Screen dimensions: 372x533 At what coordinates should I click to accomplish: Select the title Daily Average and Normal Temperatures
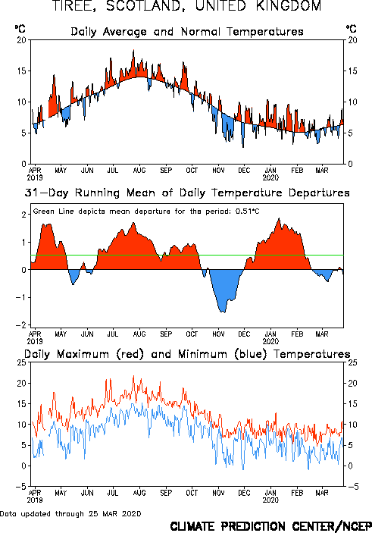(x=187, y=32)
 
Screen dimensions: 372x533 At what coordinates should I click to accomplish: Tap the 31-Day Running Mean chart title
(x=187, y=193)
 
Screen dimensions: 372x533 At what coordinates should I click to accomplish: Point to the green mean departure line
(x=187, y=255)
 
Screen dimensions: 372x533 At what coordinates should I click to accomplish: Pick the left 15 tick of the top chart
(x=22, y=71)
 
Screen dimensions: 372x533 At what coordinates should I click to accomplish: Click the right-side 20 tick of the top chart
(x=352, y=40)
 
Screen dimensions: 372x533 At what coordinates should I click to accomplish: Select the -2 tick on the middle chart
(x=20, y=325)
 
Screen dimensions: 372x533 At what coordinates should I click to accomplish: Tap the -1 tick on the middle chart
(x=20, y=297)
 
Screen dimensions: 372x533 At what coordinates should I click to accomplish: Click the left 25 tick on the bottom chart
(x=22, y=362)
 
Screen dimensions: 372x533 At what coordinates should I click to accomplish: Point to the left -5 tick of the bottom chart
(x=20, y=487)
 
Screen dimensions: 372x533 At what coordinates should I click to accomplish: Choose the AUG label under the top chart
(x=139, y=171)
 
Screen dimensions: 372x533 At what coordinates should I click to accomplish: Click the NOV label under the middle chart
(x=218, y=334)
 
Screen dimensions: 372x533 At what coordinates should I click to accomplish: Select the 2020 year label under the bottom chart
(x=270, y=500)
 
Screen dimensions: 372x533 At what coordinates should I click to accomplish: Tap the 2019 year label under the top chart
(x=35, y=177)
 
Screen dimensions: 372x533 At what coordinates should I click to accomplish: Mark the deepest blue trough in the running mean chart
(x=223, y=312)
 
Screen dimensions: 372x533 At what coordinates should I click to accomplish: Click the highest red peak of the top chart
(x=133, y=51)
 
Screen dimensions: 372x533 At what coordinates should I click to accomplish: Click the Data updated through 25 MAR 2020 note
(x=70, y=513)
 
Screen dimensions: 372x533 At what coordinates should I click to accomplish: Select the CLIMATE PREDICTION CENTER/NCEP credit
(x=270, y=526)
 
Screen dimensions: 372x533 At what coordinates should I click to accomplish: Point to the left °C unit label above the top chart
(x=20, y=29)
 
